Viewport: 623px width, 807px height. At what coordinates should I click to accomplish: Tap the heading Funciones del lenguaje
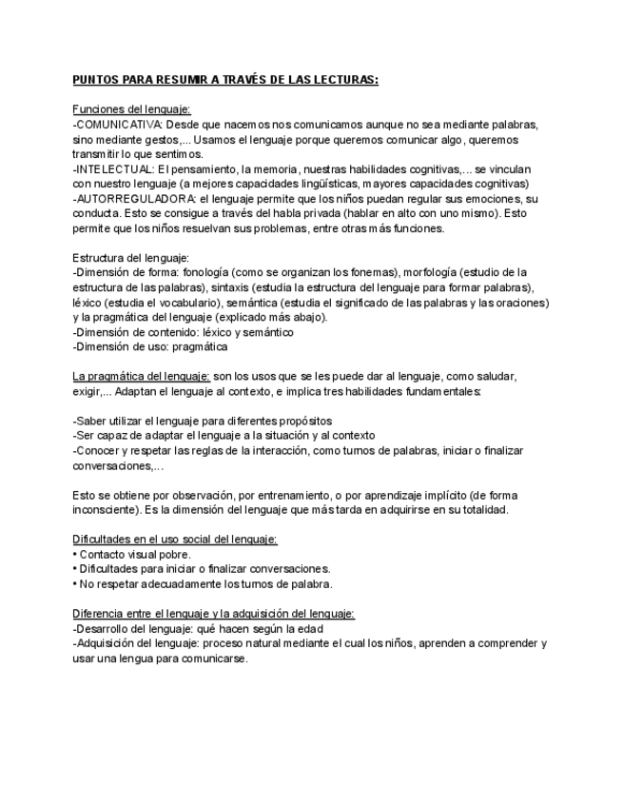coord(131,110)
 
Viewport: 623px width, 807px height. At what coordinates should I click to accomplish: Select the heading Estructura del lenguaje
coord(131,257)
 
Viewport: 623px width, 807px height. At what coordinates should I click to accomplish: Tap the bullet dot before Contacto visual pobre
coord(74,554)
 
